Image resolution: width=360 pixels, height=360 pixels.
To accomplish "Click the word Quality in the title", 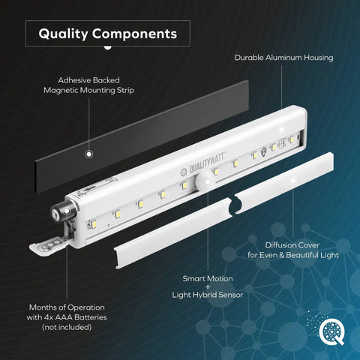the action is [63, 34].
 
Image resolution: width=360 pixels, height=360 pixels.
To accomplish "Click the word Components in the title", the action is [135, 34].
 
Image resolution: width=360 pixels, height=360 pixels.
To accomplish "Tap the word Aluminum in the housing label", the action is [283, 58].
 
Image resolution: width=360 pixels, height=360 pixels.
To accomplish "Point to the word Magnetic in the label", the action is [61, 90].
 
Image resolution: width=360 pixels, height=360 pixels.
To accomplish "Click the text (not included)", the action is [67, 327].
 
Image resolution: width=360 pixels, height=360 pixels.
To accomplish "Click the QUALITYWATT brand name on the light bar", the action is [207, 163].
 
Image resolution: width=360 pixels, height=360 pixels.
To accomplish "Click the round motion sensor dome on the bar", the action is [205, 181].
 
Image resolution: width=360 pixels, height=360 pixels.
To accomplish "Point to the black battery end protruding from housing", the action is [63, 212].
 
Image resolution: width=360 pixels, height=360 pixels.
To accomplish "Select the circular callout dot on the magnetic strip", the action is [88, 154].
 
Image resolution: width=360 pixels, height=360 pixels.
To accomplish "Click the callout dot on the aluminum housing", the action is [282, 129].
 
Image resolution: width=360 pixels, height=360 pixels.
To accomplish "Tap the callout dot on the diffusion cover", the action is [293, 180].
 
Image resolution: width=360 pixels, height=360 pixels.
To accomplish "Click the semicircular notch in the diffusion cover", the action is [235, 205].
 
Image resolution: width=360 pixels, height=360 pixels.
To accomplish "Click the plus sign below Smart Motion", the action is [208, 287].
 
